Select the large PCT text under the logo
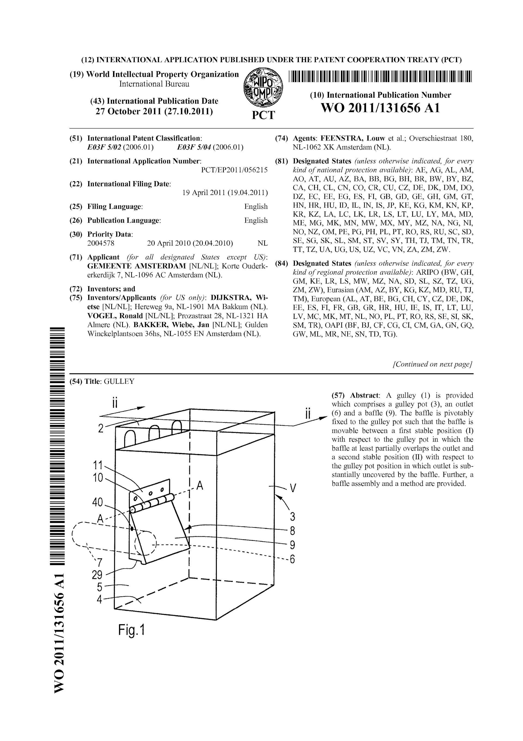click(x=263, y=115)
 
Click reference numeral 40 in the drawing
click(x=97, y=502)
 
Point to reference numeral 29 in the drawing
click(x=97, y=575)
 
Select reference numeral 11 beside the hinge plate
click(x=97, y=466)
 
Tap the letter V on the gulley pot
click(x=292, y=488)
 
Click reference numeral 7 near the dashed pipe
click(x=100, y=563)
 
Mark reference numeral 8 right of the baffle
click(x=292, y=531)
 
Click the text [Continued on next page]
click(x=432, y=364)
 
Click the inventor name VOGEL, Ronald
click(x=115, y=316)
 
